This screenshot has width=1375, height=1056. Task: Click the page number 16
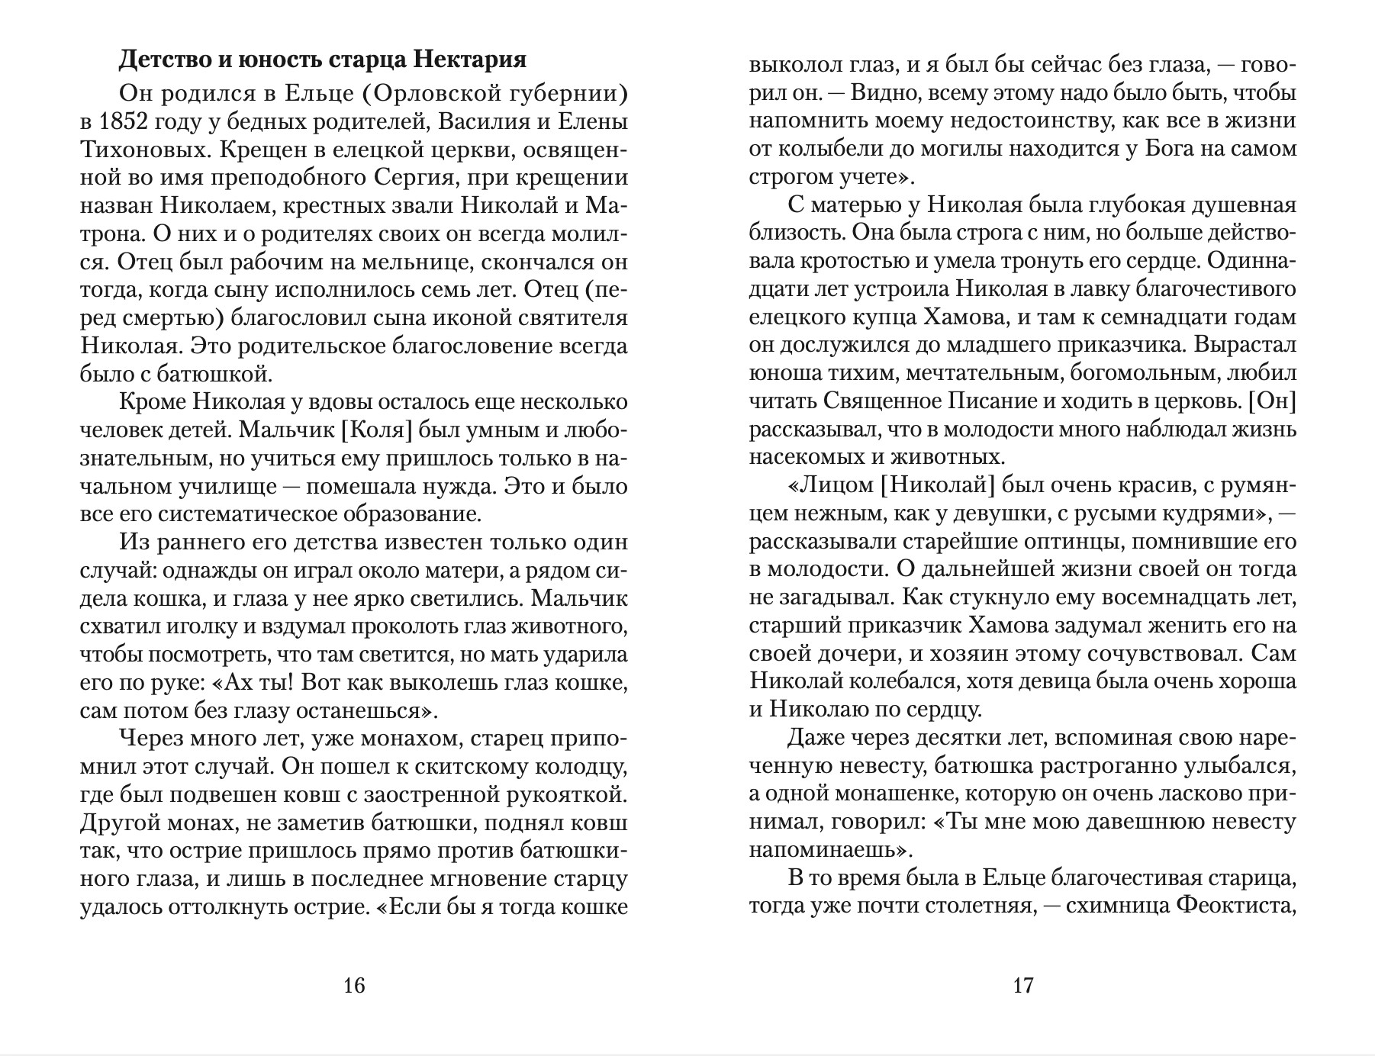point(354,985)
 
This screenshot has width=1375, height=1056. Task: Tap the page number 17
point(1022,985)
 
